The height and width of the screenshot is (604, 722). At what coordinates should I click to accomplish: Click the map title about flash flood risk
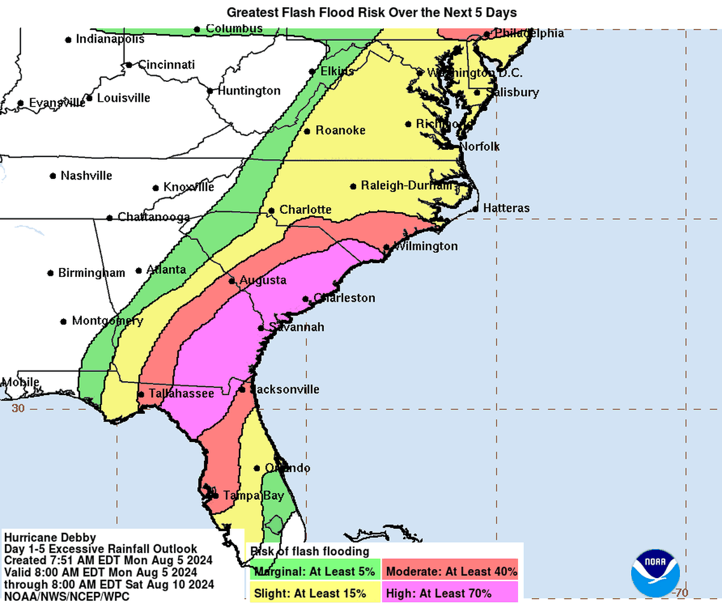371,12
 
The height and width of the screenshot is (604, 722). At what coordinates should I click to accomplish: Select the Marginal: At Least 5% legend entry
314,571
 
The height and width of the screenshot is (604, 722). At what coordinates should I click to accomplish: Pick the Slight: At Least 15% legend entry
310,593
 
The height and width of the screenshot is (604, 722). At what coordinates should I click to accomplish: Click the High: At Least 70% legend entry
439,593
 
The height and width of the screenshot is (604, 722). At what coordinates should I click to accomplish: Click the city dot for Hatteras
475,209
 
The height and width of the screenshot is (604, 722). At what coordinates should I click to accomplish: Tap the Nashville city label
86,176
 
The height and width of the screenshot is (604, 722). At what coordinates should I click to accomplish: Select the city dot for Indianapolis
68,40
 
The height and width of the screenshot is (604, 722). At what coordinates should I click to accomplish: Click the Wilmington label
425,246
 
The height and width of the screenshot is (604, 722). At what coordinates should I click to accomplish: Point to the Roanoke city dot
307,131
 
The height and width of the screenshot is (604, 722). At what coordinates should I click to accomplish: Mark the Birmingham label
91,273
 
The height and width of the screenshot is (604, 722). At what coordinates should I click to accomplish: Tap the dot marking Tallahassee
140,394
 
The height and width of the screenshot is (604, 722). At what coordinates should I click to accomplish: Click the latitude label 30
18,408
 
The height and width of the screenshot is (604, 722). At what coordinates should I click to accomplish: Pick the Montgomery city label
107,321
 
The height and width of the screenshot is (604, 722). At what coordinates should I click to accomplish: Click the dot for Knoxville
156,188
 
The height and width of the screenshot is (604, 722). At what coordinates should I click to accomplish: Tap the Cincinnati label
167,64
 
